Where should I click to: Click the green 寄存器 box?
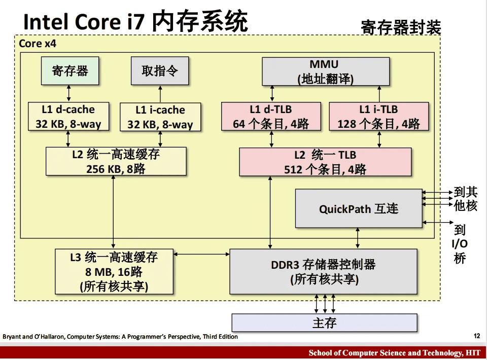(x=70, y=71)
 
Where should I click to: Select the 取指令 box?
(x=160, y=71)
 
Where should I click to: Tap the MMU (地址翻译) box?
(x=326, y=71)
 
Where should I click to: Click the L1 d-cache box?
(x=68, y=117)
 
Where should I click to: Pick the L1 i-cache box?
(x=160, y=117)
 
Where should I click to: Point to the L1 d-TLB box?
(x=271, y=117)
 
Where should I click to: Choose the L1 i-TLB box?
(x=378, y=117)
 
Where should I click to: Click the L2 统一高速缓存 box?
(x=116, y=161)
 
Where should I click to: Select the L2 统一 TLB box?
(x=325, y=162)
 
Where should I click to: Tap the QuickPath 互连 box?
(x=359, y=208)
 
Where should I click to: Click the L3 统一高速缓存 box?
(x=114, y=272)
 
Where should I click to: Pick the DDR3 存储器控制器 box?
(x=323, y=272)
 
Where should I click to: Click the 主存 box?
(x=325, y=323)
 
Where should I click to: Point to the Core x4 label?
(x=37, y=44)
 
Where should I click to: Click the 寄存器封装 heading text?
(x=401, y=27)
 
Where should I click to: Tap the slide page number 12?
(x=477, y=336)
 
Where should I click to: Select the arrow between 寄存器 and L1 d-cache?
(x=68, y=93)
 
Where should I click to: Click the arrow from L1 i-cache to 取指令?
(x=160, y=94)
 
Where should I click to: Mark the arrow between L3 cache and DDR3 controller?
(x=201, y=254)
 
